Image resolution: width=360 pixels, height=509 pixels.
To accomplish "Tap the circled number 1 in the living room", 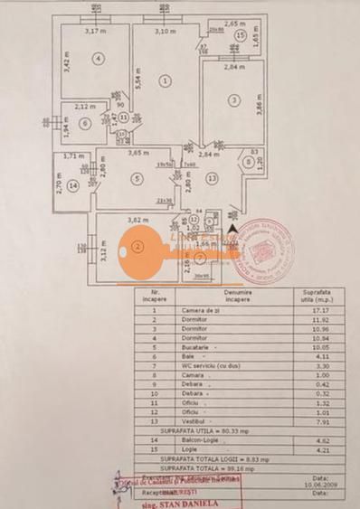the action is [165, 80].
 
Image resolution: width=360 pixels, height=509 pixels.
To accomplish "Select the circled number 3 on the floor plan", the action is [233, 100].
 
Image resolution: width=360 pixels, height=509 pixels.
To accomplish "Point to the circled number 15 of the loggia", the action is [240, 35].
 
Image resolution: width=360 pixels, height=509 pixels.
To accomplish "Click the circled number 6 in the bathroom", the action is [84, 124].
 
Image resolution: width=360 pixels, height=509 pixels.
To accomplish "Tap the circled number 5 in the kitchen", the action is [137, 179].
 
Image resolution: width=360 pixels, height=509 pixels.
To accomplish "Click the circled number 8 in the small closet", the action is [246, 164].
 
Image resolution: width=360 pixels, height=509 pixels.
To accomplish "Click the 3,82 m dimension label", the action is [136, 220].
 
